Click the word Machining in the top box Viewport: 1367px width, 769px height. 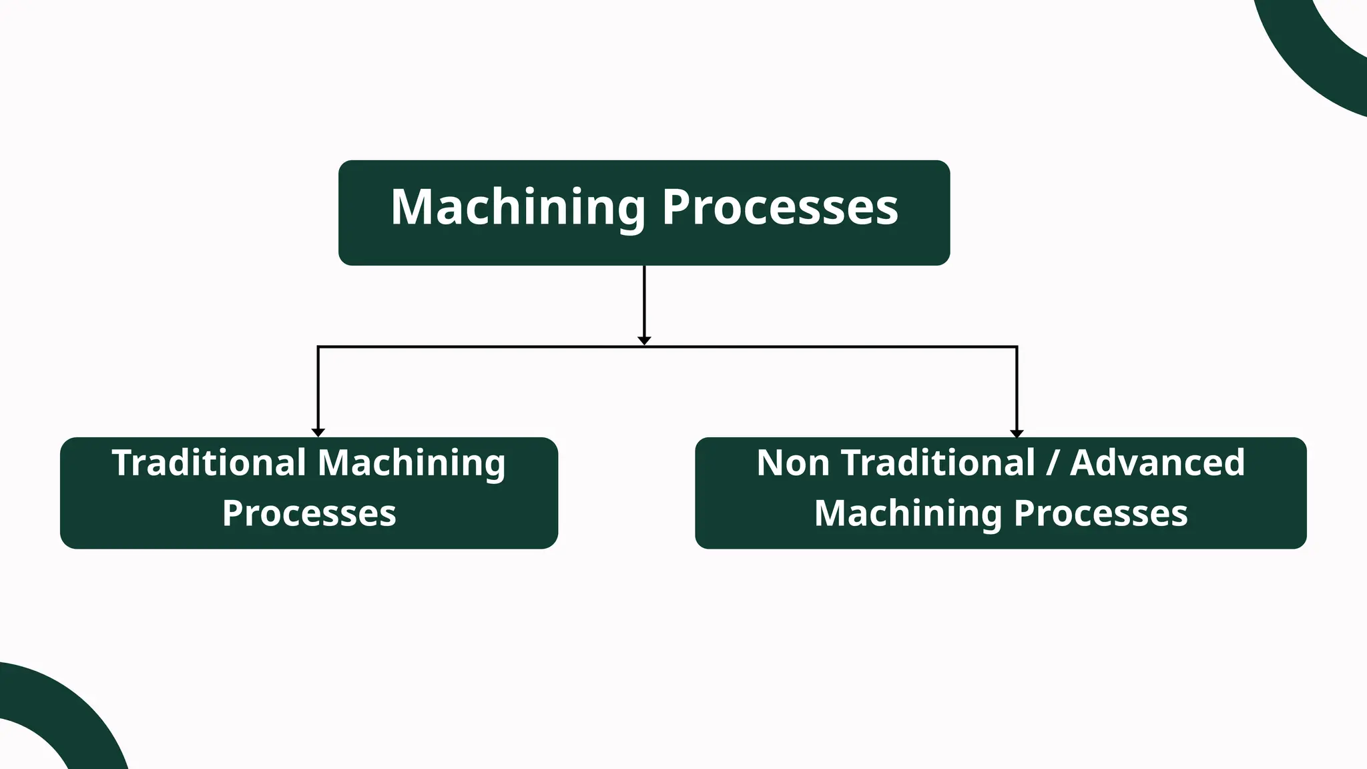point(517,207)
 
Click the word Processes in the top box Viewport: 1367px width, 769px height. point(780,207)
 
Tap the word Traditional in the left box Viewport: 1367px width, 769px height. point(208,463)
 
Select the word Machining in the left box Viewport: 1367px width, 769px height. point(411,464)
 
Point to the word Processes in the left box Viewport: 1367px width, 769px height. point(309,513)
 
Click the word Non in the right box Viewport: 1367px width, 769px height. point(793,463)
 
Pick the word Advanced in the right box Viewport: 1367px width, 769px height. point(1157,463)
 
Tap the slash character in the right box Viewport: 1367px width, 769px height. point(1053,463)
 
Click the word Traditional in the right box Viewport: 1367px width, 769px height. point(938,463)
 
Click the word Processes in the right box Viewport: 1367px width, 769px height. point(1101,513)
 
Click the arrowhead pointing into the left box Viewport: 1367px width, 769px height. point(318,433)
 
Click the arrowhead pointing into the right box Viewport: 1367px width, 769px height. point(1017,433)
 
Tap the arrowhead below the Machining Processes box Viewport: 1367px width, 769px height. point(644,340)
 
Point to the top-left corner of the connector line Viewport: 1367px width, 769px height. point(318,347)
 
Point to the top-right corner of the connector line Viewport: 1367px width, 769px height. point(1017,347)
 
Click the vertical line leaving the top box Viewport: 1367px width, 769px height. point(644,300)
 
